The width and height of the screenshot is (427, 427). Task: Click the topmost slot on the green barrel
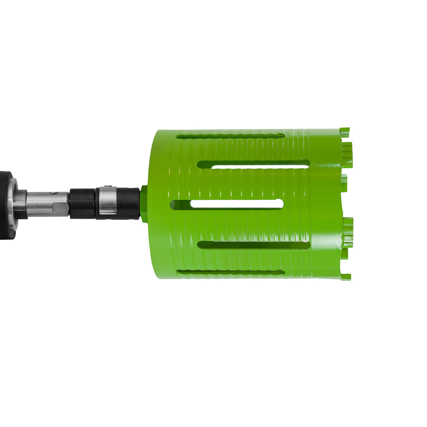coord(230,136)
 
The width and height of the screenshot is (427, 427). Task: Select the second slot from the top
coord(254,164)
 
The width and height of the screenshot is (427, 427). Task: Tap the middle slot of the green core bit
coord(227,204)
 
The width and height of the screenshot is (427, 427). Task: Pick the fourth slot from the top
coord(254,245)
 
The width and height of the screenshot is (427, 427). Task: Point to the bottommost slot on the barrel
coord(230,272)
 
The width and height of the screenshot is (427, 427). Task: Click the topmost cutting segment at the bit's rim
coord(345,130)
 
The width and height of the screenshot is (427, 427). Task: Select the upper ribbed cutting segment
coord(347,154)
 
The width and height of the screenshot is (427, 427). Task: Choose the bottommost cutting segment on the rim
coord(345,277)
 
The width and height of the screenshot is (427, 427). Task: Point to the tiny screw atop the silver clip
coord(106,186)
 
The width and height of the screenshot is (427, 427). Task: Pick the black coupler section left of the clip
coord(82,203)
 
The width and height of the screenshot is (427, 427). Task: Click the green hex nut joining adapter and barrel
coord(143,203)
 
